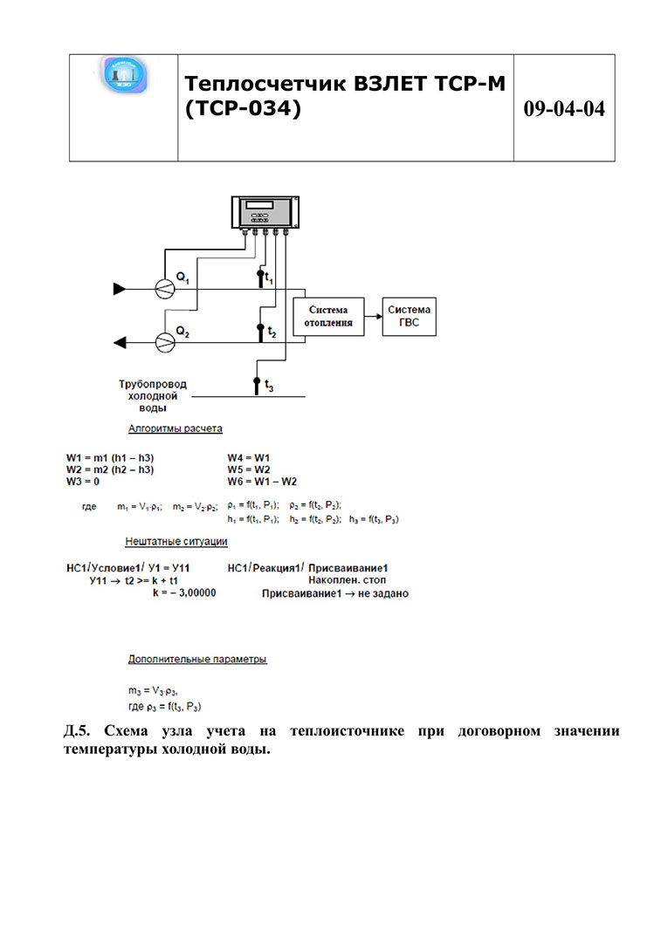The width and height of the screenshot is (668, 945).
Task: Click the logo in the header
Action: coord(124,76)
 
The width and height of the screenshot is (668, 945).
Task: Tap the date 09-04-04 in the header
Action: coord(564,109)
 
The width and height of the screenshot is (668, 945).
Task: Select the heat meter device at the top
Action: coord(265,214)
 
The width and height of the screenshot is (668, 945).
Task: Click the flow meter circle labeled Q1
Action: coord(163,289)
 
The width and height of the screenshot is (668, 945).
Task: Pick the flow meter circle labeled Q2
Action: coord(163,342)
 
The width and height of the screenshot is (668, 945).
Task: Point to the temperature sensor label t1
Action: coord(269,279)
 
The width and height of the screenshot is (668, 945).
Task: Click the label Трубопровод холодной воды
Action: coord(153,395)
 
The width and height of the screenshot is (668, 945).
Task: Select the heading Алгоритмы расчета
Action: coord(175,428)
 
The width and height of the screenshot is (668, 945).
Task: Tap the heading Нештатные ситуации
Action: coord(176,541)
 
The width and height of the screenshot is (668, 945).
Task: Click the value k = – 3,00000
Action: coord(184,592)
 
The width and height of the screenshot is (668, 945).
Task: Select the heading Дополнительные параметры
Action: coord(197,659)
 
